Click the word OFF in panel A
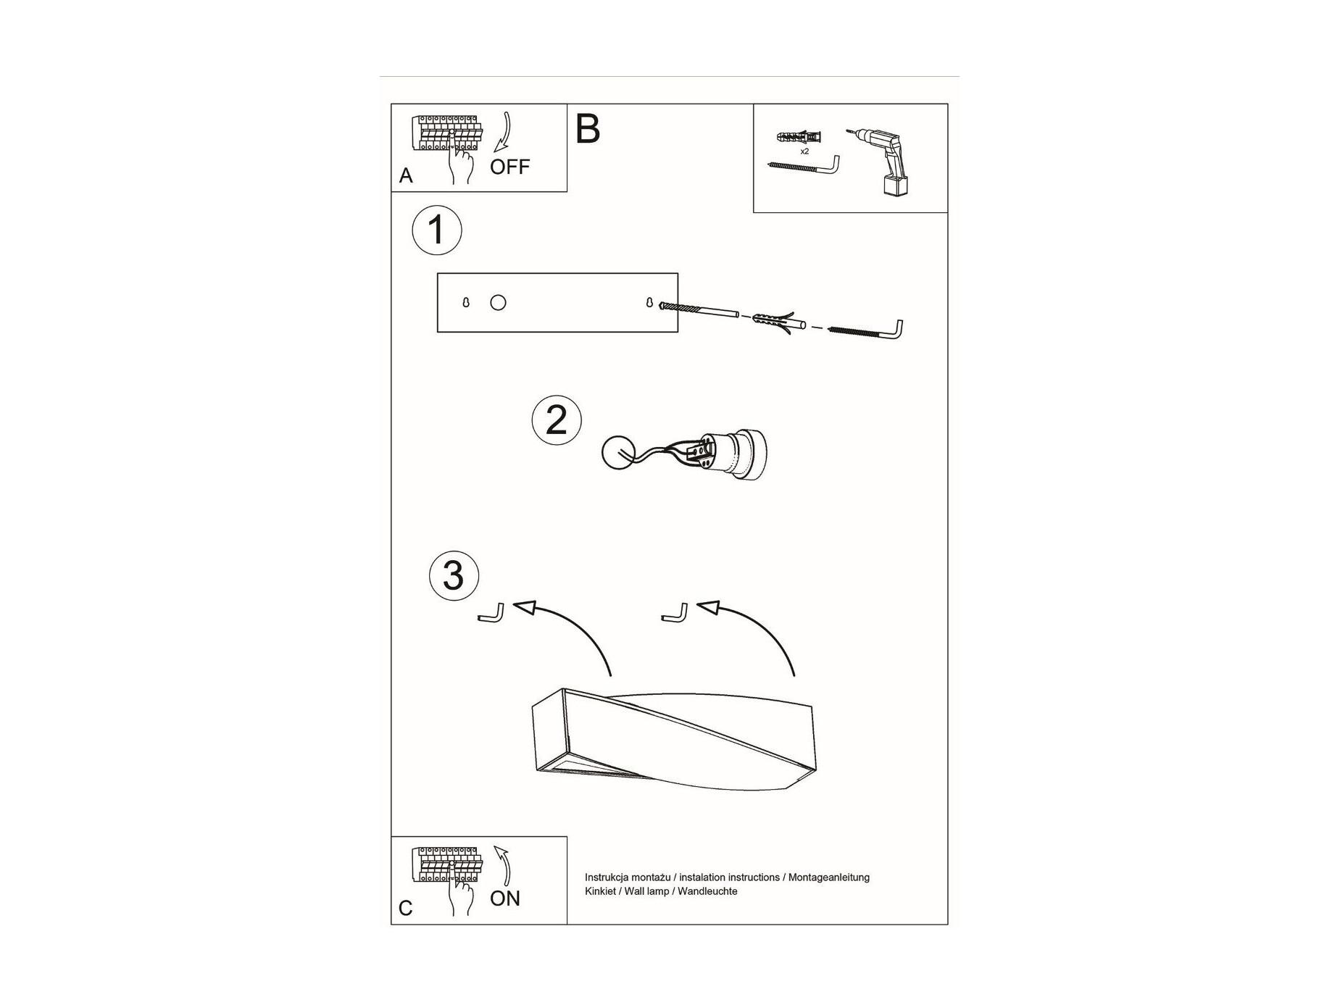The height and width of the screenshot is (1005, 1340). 509,167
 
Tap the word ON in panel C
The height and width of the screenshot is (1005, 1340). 505,898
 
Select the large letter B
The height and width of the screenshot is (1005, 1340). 588,129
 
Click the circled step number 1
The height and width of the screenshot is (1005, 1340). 437,230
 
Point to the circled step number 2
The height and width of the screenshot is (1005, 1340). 557,420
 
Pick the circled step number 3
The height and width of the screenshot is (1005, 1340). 454,576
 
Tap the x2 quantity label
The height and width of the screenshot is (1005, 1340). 804,151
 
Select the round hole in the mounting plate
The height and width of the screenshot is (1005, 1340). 498,303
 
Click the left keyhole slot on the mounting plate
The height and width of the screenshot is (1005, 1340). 465,302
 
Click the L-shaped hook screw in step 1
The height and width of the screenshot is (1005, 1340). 866,330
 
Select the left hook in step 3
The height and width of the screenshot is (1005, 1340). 491,612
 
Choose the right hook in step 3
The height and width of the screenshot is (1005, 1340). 675,612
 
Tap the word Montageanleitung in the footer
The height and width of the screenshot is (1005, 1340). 829,877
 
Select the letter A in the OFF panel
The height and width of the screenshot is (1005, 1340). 406,176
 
